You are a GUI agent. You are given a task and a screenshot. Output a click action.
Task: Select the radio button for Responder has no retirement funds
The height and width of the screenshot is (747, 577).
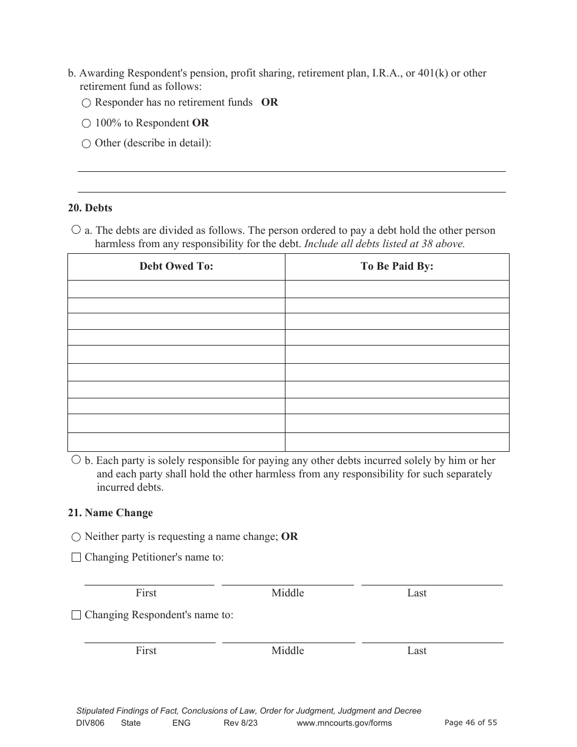tap(86, 103)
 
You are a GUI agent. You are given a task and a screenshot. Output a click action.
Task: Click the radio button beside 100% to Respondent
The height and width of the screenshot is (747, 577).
tap(86, 124)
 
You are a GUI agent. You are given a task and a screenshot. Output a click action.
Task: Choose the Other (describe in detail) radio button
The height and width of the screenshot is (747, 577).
tap(86, 145)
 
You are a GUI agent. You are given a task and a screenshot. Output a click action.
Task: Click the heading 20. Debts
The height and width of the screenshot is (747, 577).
tap(90, 208)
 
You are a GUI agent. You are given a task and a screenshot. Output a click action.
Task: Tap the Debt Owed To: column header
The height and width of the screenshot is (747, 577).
tap(176, 266)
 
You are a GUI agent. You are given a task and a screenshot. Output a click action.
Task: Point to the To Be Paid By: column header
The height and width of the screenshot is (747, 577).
tap(397, 266)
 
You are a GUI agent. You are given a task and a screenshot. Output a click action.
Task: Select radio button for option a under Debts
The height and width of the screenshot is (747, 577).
tap(76, 230)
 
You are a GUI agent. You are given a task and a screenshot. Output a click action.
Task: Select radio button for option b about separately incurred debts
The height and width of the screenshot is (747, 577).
tap(76, 460)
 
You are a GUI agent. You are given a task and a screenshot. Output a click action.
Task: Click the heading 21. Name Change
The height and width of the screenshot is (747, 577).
tap(110, 513)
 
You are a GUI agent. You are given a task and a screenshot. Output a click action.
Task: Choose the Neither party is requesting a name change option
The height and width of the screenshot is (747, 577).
tap(76, 537)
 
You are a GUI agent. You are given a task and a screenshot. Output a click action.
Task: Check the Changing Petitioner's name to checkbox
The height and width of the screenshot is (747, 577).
tap(76, 558)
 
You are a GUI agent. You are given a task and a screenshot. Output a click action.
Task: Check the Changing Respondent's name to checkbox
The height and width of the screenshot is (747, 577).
tap(76, 615)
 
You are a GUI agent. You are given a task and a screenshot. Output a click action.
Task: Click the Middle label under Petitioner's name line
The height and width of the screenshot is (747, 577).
tap(287, 593)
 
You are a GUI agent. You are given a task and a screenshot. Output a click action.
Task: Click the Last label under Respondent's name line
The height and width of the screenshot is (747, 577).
tap(417, 650)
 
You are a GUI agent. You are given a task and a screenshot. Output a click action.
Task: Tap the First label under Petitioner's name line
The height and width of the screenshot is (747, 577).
tap(146, 593)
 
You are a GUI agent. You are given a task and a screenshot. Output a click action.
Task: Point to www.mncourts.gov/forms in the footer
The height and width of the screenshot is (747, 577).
tap(344, 723)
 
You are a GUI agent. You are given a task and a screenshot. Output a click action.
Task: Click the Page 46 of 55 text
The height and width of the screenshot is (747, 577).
tap(471, 722)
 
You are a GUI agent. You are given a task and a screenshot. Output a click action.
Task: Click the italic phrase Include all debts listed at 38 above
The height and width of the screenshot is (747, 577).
tap(384, 244)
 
